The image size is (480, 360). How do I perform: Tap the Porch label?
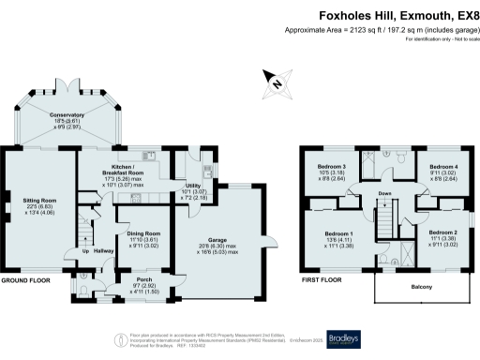coord(144,279)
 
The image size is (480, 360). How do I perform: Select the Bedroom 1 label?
coord(338,232)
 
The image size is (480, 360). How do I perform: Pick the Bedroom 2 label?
coord(442,232)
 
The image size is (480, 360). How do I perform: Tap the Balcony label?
coord(423,289)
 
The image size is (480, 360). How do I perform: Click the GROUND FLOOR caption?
coord(26,280)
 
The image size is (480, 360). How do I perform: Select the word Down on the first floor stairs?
coord(384,195)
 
